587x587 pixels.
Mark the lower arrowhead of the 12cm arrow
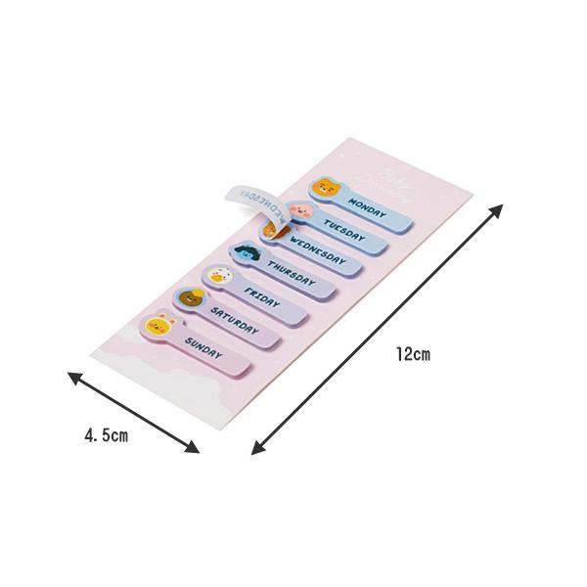coord(257,450)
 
